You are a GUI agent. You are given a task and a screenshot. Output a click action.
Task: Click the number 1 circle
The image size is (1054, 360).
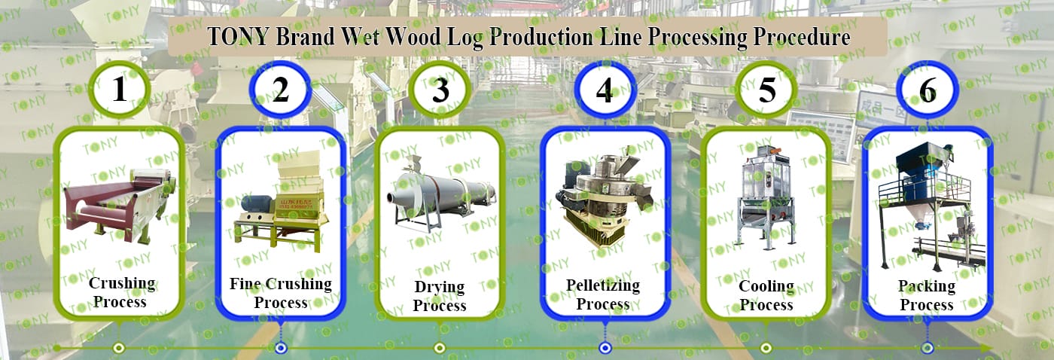click(119, 89)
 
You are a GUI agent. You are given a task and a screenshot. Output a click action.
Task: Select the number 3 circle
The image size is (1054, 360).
click(440, 90)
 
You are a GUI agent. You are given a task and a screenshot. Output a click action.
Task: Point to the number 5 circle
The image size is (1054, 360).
click(766, 90)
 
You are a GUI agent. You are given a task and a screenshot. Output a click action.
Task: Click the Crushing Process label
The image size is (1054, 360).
click(121, 292)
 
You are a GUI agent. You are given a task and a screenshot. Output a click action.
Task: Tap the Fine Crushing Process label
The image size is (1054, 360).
click(280, 292)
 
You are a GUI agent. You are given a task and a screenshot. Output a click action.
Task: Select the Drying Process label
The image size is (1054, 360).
click(440, 296)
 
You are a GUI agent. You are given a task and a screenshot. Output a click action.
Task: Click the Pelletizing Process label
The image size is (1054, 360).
click(602, 294)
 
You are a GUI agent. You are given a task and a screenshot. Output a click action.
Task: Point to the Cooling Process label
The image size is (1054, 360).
click(766, 295)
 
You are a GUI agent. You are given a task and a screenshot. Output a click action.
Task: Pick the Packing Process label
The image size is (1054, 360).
click(926, 295)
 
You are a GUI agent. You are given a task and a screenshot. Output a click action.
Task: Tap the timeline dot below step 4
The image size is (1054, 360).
click(605, 347)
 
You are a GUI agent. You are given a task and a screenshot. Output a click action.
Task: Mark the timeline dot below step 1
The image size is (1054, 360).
click(118, 347)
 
